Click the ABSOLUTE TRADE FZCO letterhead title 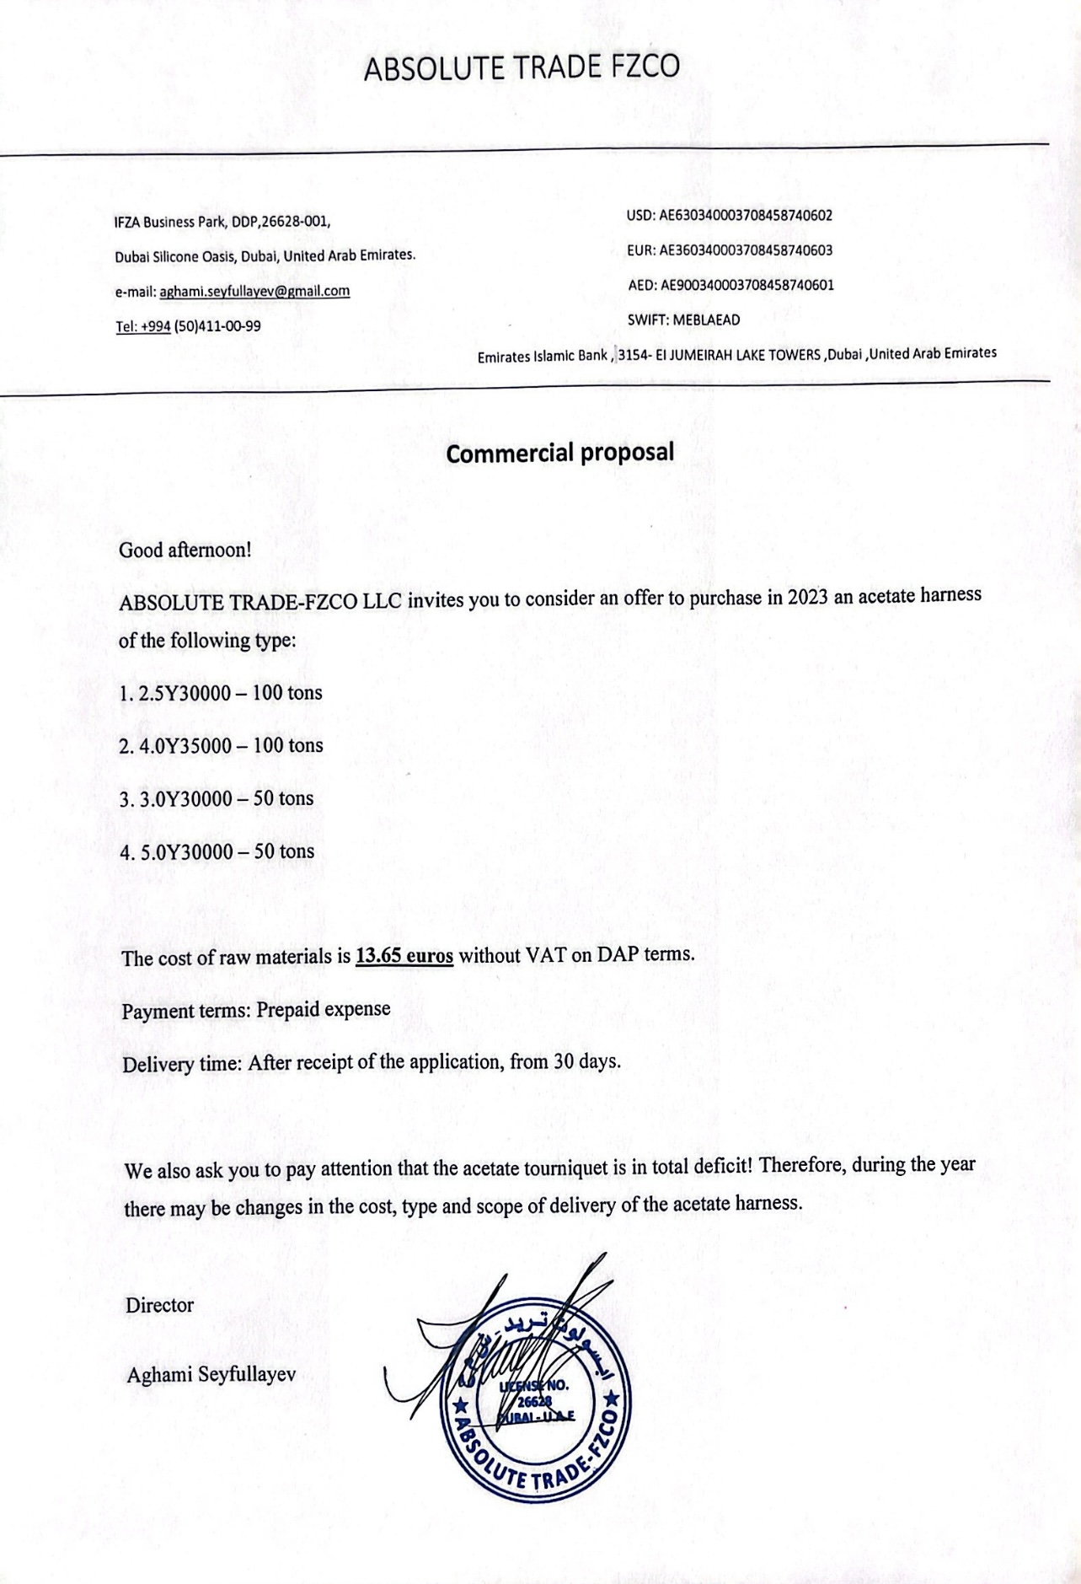click(522, 68)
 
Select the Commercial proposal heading click(559, 453)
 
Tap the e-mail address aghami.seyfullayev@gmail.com click(254, 291)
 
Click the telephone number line click(187, 326)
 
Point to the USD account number click(745, 216)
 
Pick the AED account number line click(730, 285)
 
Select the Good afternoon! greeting click(185, 550)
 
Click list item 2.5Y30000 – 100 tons click(220, 694)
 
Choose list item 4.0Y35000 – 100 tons click(221, 746)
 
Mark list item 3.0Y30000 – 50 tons click(216, 799)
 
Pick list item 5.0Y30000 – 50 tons click(217, 851)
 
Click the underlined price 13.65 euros click(404, 957)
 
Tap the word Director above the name click(159, 1306)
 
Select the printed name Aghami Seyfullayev click(211, 1375)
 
